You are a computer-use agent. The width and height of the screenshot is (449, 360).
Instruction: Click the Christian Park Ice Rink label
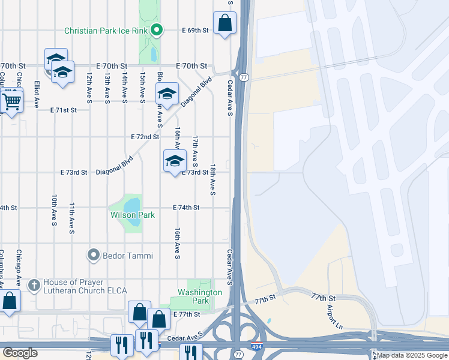click(x=106, y=30)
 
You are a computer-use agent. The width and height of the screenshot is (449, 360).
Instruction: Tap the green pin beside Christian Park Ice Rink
click(x=157, y=29)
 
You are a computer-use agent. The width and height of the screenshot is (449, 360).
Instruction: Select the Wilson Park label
click(x=132, y=215)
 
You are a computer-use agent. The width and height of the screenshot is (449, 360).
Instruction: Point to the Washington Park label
click(x=200, y=293)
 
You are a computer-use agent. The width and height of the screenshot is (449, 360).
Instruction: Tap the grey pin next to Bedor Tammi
click(x=93, y=256)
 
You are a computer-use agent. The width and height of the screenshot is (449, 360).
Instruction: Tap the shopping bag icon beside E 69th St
click(x=224, y=24)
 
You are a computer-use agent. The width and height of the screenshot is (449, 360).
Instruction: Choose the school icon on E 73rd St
click(x=175, y=161)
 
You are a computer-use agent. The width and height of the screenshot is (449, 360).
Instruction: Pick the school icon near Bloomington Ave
click(x=167, y=94)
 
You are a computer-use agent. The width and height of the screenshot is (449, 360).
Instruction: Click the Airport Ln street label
click(x=331, y=316)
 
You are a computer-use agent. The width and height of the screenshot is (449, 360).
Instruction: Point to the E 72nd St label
click(x=145, y=137)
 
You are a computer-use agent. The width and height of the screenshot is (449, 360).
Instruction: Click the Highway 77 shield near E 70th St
click(x=244, y=77)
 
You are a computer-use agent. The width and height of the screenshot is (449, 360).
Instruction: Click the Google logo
click(x=21, y=352)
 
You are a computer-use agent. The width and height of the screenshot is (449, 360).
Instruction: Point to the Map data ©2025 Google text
click(x=412, y=355)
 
